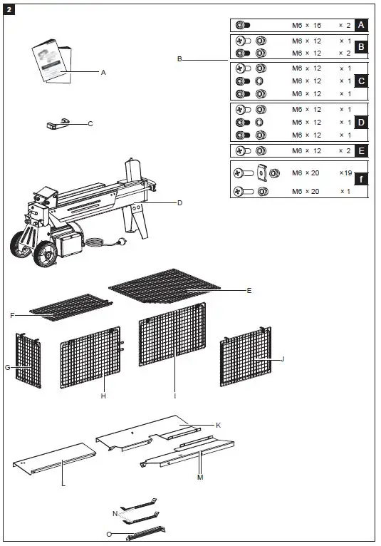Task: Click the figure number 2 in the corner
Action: [x=10, y=9]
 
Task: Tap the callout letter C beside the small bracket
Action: [x=90, y=123]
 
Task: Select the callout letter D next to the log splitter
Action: [x=179, y=203]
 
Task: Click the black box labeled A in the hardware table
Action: [x=361, y=25]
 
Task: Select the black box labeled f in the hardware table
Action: [x=361, y=179]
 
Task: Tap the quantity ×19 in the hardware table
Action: [x=346, y=172]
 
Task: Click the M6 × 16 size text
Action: [x=307, y=25]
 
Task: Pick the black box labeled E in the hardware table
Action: [x=361, y=151]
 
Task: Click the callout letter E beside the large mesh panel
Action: [x=249, y=290]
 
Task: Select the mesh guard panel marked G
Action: [x=28, y=360]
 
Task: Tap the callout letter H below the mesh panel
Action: [x=103, y=396]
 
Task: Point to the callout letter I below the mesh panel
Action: [x=174, y=395]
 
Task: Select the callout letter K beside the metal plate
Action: [x=218, y=425]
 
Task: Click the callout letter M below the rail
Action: [x=199, y=477]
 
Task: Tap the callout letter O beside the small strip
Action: [x=108, y=533]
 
